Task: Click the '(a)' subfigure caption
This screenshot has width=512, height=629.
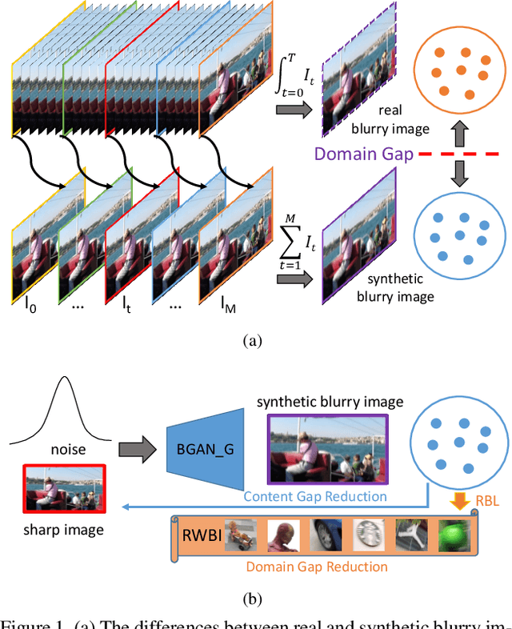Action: [x=253, y=340]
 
